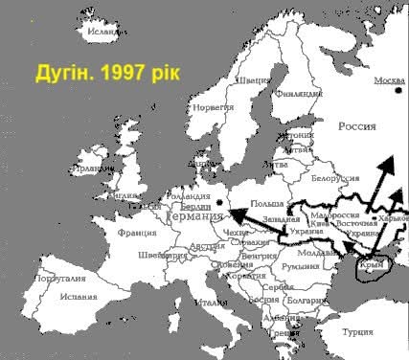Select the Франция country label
[137, 232]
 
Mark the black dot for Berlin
[221, 201]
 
